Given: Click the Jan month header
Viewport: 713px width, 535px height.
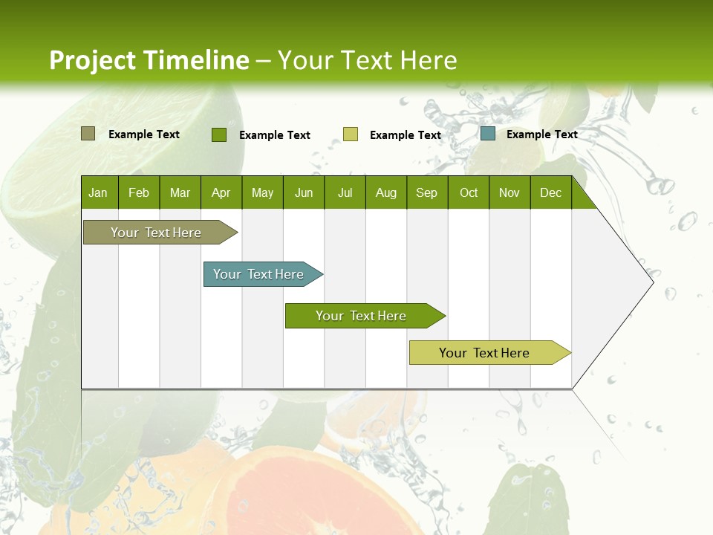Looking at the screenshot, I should (x=98, y=192).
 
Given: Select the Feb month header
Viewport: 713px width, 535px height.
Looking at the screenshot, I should (x=139, y=192).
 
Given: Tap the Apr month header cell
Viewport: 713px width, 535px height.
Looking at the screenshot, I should (x=221, y=192).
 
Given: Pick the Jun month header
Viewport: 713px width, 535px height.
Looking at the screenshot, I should (x=304, y=192).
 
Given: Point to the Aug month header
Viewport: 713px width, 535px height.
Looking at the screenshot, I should (x=385, y=192).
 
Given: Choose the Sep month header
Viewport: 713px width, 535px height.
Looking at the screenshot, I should (x=426, y=192).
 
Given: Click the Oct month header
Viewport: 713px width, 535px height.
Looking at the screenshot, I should (x=469, y=192).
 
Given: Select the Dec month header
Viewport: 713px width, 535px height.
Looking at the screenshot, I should (x=550, y=192).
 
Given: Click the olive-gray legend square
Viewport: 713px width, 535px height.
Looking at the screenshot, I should (x=88, y=134).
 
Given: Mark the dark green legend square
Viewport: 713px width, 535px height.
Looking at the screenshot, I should (x=219, y=134).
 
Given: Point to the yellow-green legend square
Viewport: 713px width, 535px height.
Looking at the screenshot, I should (x=351, y=134).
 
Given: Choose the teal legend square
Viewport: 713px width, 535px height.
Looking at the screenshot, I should (x=488, y=134).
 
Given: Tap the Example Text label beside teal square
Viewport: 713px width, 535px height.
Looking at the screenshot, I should (x=541, y=134).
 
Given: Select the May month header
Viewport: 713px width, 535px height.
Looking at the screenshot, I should (x=262, y=192).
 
